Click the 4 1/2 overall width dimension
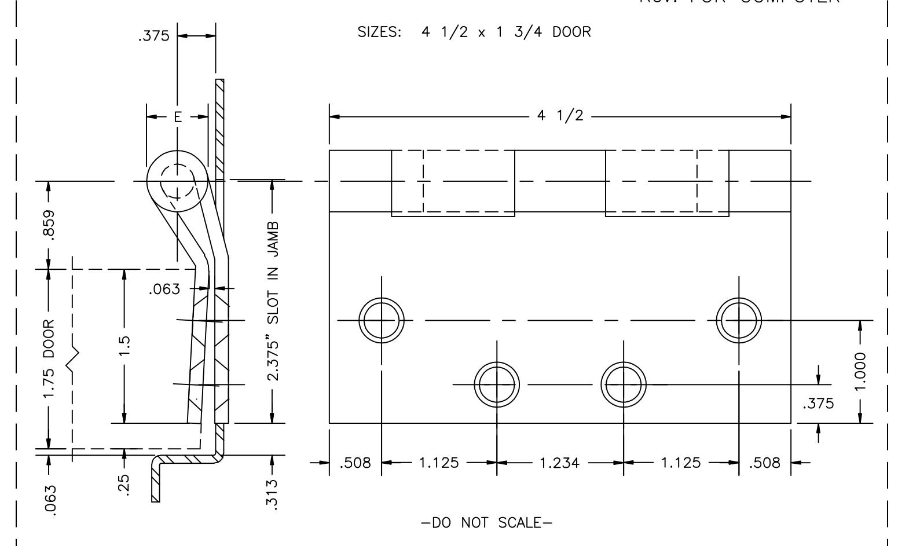[560, 116]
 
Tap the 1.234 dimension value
[559, 463]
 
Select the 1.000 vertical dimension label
[862, 372]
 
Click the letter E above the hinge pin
[177, 118]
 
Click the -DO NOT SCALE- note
[486, 523]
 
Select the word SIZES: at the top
[380, 32]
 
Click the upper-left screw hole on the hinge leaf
[382, 320]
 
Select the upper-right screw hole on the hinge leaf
[739, 320]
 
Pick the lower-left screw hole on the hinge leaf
[497, 384]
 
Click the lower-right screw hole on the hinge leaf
[624, 384]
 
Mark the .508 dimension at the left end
[355, 463]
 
